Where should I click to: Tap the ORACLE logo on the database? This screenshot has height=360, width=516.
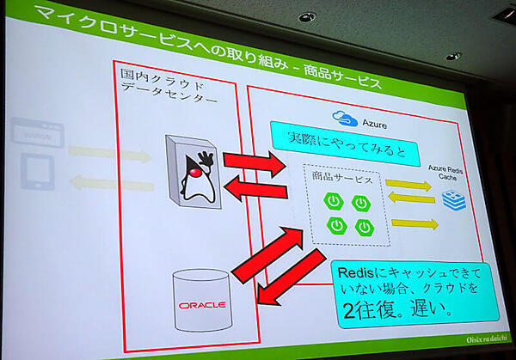click(x=201, y=305)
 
